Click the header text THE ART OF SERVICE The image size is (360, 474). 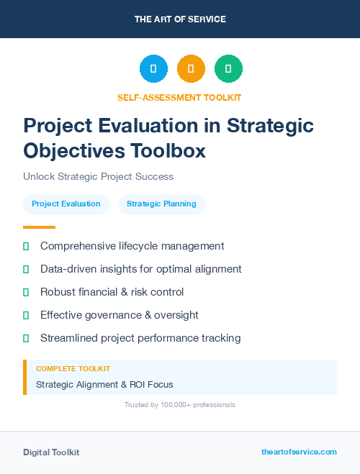pyautogui.click(x=180, y=19)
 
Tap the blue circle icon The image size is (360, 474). pyautogui.click(x=153, y=69)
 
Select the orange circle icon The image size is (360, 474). pyautogui.click(x=191, y=69)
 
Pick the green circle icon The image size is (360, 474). pyautogui.click(x=228, y=69)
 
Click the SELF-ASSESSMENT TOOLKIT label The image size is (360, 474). pyautogui.click(x=180, y=97)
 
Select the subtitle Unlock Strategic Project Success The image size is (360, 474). pyautogui.click(x=98, y=176)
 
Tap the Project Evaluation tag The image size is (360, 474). pyautogui.click(x=66, y=204)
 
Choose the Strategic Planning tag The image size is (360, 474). pyautogui.click(x=161, y=204)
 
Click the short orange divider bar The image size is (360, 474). pyautogui.click(x=35, y=227)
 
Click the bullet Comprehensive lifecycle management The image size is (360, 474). pyautogui.click(x=132, y=246)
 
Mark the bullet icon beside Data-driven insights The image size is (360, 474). pyautogui.click(x=26, y=269)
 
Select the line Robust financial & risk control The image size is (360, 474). pyautogui.click(x=112, y=292)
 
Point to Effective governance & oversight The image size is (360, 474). pyautogui.click(x=119, y=315)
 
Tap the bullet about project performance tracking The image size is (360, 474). pyautogui.click(x=140, y=338)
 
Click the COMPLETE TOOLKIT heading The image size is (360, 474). pyautogui.click(x=73, y=369)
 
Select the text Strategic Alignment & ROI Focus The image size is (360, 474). pyautogui.click(x=104, y=385)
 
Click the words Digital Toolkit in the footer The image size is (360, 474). pyautogui.click(x=51, y=452)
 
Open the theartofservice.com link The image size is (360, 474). pyautogui.click(x=299, y=452)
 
